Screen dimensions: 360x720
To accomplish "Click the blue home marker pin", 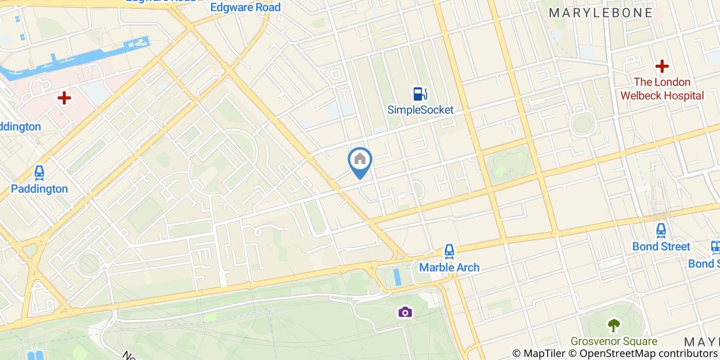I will coord(360,160).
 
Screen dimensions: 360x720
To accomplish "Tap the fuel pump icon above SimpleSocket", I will coord(420,94).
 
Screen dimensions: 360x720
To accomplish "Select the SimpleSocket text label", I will coord(421,110).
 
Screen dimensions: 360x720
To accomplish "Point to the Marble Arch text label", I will coord(449,267).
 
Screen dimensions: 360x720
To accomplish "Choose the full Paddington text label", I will coord(39,189).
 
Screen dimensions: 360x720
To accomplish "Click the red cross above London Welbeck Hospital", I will coord(662,66).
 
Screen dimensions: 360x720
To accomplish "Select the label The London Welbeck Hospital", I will coord(662,88).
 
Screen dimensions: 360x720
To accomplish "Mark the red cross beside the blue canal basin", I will coord(64,98).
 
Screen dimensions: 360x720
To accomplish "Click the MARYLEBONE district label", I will coord(601,13).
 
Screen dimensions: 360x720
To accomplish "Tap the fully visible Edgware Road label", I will coord(246,7).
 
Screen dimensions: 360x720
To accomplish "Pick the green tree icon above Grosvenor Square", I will coord(614,325).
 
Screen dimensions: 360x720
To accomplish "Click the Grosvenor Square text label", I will coord(614,341).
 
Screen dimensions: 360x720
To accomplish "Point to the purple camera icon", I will coord(405,312).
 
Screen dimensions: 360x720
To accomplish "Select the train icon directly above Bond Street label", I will coord(661,231).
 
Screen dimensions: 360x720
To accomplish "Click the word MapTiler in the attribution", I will coord(544,353).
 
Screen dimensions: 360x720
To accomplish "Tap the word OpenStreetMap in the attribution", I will coord(614,353).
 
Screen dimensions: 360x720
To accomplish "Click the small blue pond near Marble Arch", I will coord(396,277).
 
